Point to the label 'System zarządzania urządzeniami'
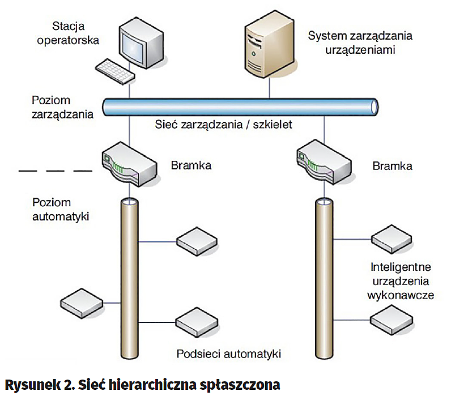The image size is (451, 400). (360, 42)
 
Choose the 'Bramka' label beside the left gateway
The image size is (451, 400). (191, 166)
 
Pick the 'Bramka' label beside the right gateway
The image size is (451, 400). (393, 166)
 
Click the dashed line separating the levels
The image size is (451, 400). (55, 169)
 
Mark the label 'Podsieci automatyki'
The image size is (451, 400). (229, 354)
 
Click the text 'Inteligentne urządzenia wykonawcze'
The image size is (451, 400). (401, 280)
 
